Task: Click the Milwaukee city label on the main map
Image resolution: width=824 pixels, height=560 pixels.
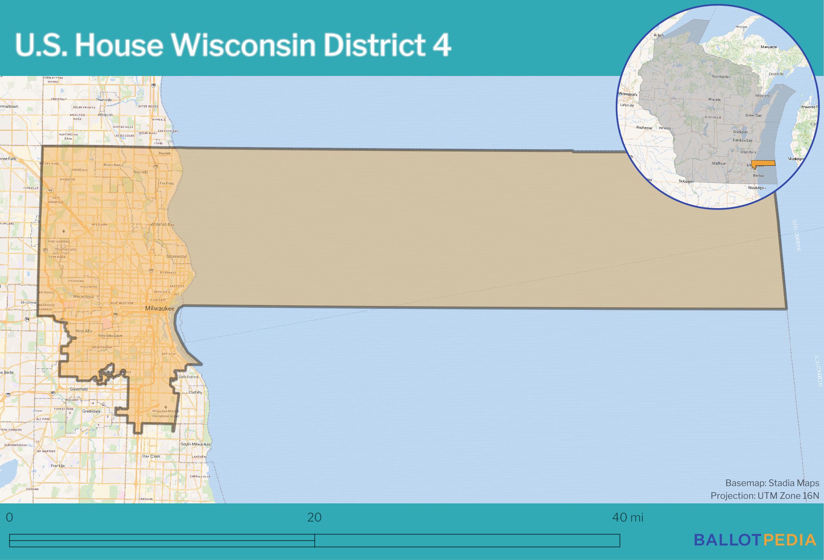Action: [x=160, y=308]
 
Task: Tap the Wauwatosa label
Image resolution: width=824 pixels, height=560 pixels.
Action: [x=83, y=297]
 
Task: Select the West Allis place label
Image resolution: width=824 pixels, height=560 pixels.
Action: [x=83, y=331]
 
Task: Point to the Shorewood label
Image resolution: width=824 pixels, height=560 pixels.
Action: [x=176, y=257]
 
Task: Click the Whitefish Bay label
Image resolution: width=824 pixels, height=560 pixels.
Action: [x=162, y=224]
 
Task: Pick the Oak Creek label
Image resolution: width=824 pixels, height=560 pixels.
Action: [x=151, y=456]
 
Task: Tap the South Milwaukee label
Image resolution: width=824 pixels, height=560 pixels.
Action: [x=195, y=444]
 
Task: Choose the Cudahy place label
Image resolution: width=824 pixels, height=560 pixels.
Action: [x=195, y=392]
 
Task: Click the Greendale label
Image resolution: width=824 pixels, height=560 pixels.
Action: [x=91, y=411]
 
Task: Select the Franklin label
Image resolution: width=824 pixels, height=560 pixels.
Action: [x=57, y=466]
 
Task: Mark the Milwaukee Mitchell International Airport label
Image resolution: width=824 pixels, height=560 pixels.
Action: [x=165, y=413]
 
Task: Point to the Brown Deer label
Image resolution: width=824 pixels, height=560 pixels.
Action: [x=112, y=165]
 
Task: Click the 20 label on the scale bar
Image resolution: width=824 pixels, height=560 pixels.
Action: [x=314, y=517]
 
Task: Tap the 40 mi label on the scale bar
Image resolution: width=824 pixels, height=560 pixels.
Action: [x=627, y=517]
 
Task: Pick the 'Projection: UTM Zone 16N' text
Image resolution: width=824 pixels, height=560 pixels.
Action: [x=765, y=496]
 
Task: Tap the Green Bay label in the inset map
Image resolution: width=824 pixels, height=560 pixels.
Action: [x=753, y=115]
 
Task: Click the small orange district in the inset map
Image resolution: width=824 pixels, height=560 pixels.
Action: [x=763, y=163]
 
